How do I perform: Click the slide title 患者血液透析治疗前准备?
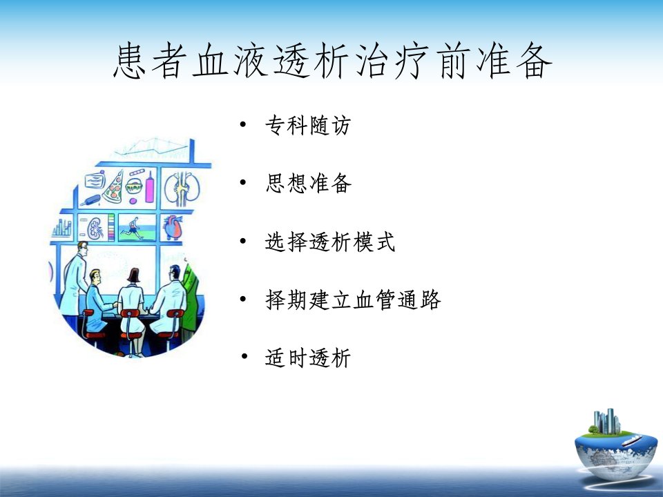click(x=332, y=61)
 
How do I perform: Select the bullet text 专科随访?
click(x=308, y=126)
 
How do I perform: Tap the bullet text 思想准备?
click(x=308, y=184)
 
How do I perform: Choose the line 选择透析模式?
click(x=330, y=242)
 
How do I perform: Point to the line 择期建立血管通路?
click(x=353, y=300)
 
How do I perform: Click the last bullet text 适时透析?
click(x=308, y=358)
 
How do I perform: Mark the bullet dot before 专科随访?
click(x=242, y=124)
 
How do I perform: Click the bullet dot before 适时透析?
click(x=244, y=356)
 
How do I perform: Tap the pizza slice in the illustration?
click(x=114, y=188)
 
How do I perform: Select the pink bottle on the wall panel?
click(x=150, y=187)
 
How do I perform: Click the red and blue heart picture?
click(x=173, y=227)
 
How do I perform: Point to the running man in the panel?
click(x=133, y=228)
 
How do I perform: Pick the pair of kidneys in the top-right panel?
click(x=182, y=189)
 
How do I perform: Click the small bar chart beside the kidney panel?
click(x=62, y=228)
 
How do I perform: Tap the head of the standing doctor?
click(x=82, y=248)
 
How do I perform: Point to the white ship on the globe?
click(x=632, y=441)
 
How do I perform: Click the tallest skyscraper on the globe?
click(x=610, y=420)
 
